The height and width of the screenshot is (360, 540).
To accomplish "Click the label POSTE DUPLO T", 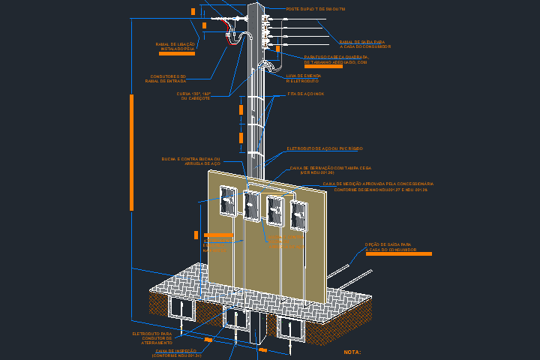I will pyautogui.click(x=315, y=9).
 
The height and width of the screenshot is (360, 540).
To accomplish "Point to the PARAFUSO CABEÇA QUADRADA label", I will pyautogui.click(x=336, y=59).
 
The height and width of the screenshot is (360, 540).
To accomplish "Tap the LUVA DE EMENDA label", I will pyautogui.click(x=304, y=78).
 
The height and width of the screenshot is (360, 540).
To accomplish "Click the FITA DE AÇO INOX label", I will pyautogui.click(x=306, y=94).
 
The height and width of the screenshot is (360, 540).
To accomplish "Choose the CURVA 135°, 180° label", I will pyautogui.click(x=193, y=96).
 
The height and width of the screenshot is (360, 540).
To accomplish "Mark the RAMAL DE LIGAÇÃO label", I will pyautogui.click(x=175, y=46).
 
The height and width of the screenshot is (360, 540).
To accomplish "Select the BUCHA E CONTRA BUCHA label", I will pyautogui.click(x=191, y=161).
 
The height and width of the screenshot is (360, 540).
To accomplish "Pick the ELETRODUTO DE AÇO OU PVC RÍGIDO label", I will pyautogui.click(x=324, y=148).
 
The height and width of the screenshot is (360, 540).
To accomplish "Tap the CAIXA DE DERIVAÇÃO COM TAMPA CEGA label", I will pyautogui.click(x=330, y=169).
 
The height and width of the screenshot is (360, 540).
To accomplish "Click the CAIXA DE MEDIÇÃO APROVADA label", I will pyautogui.click(x=377, y=186).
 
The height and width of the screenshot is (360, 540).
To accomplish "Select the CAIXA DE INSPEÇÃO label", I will pyautogui.click(x=176, y=352).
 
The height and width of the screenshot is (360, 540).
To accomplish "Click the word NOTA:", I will pyautogui.click(x=352, y=351).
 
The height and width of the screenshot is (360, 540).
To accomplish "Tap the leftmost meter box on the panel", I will pyautogui.click(x=227, y=202).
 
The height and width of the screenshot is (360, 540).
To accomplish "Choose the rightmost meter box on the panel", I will pyautogui.click(x=298, y=215).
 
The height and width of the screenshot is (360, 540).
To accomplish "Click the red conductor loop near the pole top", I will pyautogui.click(x=227, y=26).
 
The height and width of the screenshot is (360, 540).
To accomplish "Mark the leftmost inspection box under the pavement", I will pyautogui.click(x=181, y=307).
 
